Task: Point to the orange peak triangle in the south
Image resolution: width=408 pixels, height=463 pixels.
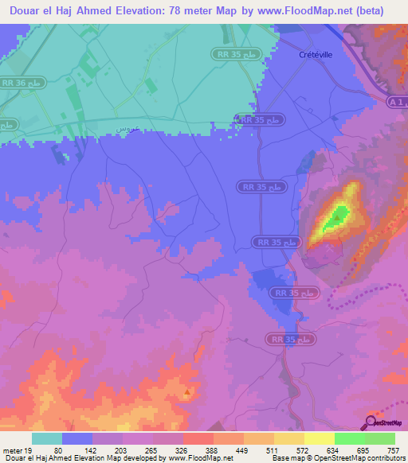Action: tap(187, 392)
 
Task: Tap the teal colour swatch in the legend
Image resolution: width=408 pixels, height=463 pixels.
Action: tap(47, 438)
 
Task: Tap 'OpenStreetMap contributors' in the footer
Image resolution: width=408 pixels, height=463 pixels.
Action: tap(363, 458)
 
